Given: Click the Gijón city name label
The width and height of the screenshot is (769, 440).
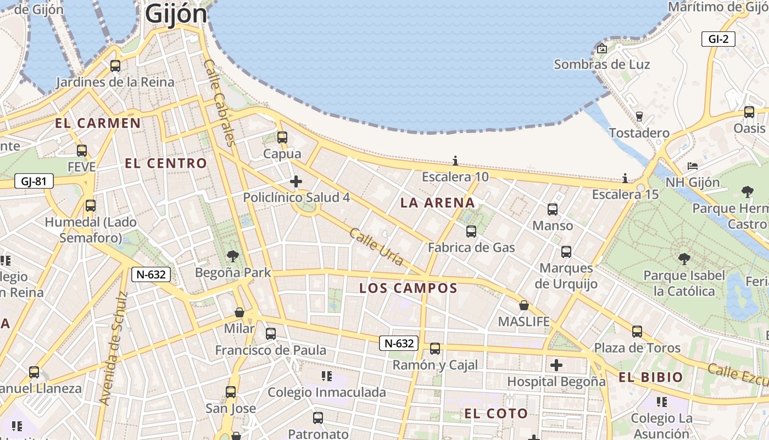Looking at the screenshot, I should coord(176,14).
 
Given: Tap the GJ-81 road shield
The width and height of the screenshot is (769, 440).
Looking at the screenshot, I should coord(34,181).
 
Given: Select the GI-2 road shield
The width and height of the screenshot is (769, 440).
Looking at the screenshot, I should coord(718,39).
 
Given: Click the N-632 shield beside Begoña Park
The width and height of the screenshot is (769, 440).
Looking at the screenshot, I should coord(151,274).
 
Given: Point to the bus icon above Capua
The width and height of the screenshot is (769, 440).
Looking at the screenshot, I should coord(282,137).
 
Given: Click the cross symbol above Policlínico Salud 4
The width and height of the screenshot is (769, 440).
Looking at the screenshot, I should coord(296,182).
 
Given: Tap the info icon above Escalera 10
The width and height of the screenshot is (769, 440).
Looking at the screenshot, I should coord(455,161).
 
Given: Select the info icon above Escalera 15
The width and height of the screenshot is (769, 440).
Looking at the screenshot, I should coord(625,178).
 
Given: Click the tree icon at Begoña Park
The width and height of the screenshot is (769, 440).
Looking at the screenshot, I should coord(233,256).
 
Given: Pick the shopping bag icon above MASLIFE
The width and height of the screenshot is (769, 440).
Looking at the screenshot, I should coord(524,305).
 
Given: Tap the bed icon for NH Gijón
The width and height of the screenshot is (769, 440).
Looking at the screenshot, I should coord(693,166).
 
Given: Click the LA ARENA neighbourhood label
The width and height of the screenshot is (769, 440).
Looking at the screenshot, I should coord(437,203).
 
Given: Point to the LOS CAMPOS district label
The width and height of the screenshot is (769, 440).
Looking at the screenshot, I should coord(408,288).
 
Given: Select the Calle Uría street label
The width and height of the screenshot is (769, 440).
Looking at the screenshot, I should coord(377,247).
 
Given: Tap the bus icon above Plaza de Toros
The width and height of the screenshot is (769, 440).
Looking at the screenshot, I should coord(637,332).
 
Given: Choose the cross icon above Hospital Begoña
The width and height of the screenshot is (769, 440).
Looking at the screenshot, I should coord(556,365).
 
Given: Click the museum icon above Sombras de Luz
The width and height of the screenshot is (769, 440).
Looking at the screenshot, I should coord(602,48).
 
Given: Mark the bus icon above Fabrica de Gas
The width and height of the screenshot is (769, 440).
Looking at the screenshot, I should coord(471,232).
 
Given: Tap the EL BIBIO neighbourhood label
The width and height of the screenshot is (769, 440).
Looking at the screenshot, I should coord(650,378).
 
